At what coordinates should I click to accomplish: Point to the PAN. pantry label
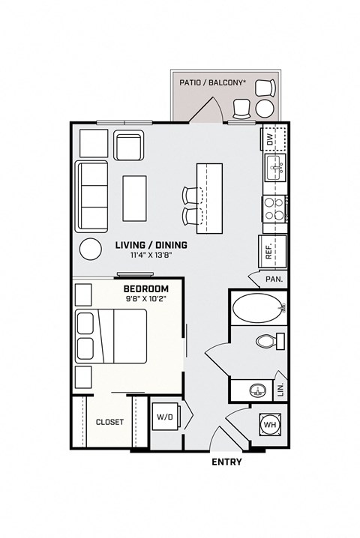[273, 279]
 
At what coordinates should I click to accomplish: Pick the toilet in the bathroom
[266, 341]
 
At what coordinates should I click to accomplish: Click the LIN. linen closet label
[280, 388]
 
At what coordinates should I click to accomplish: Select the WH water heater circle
[269, 425]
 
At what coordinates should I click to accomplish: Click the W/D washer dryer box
[164, 417]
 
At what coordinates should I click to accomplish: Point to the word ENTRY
[226, 462]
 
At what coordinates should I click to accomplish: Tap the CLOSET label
[109, 422]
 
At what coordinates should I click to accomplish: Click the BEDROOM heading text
[145, 288]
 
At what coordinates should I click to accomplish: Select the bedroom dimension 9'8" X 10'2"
[145, 299]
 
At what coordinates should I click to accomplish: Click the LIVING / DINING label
[151, 245]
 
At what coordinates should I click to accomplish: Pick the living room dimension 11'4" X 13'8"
[151, 256]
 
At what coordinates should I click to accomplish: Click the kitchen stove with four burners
[274, 209]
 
